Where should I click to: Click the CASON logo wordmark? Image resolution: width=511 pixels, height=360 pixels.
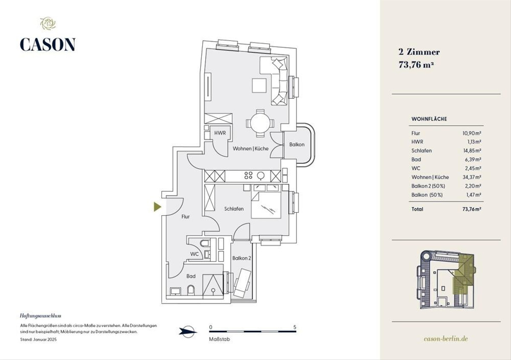[48, 44]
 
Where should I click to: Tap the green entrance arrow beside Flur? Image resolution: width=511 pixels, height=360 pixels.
[158, 207]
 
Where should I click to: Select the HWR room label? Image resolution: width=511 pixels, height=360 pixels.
[220, 133]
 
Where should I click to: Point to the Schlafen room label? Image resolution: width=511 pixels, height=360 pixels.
[234, 209]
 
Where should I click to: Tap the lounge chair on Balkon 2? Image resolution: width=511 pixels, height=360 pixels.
[242, 283]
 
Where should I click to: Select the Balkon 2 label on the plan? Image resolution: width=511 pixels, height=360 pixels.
[241, 258]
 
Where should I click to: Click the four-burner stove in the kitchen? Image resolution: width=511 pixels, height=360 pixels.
[248, 176]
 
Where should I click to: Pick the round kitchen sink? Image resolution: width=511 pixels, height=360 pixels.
[261, 176]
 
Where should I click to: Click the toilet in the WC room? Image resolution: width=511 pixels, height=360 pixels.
[205, 243]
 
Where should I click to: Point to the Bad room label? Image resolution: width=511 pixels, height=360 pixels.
[191, 276]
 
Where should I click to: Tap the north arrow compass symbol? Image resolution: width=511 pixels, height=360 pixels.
[187, 332]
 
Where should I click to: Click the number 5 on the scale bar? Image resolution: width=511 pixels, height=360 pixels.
[295, 327]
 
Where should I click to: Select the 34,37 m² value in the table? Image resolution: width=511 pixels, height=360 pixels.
[472, 177]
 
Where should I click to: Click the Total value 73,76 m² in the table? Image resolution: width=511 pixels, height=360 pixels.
[472, 209]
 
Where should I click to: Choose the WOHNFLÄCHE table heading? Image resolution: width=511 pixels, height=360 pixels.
[429, 119]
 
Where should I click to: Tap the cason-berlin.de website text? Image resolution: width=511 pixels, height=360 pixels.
[446, 339]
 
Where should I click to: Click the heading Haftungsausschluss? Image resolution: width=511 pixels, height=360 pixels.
[40, 316]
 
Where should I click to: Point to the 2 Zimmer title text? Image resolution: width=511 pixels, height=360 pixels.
[419, 52]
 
